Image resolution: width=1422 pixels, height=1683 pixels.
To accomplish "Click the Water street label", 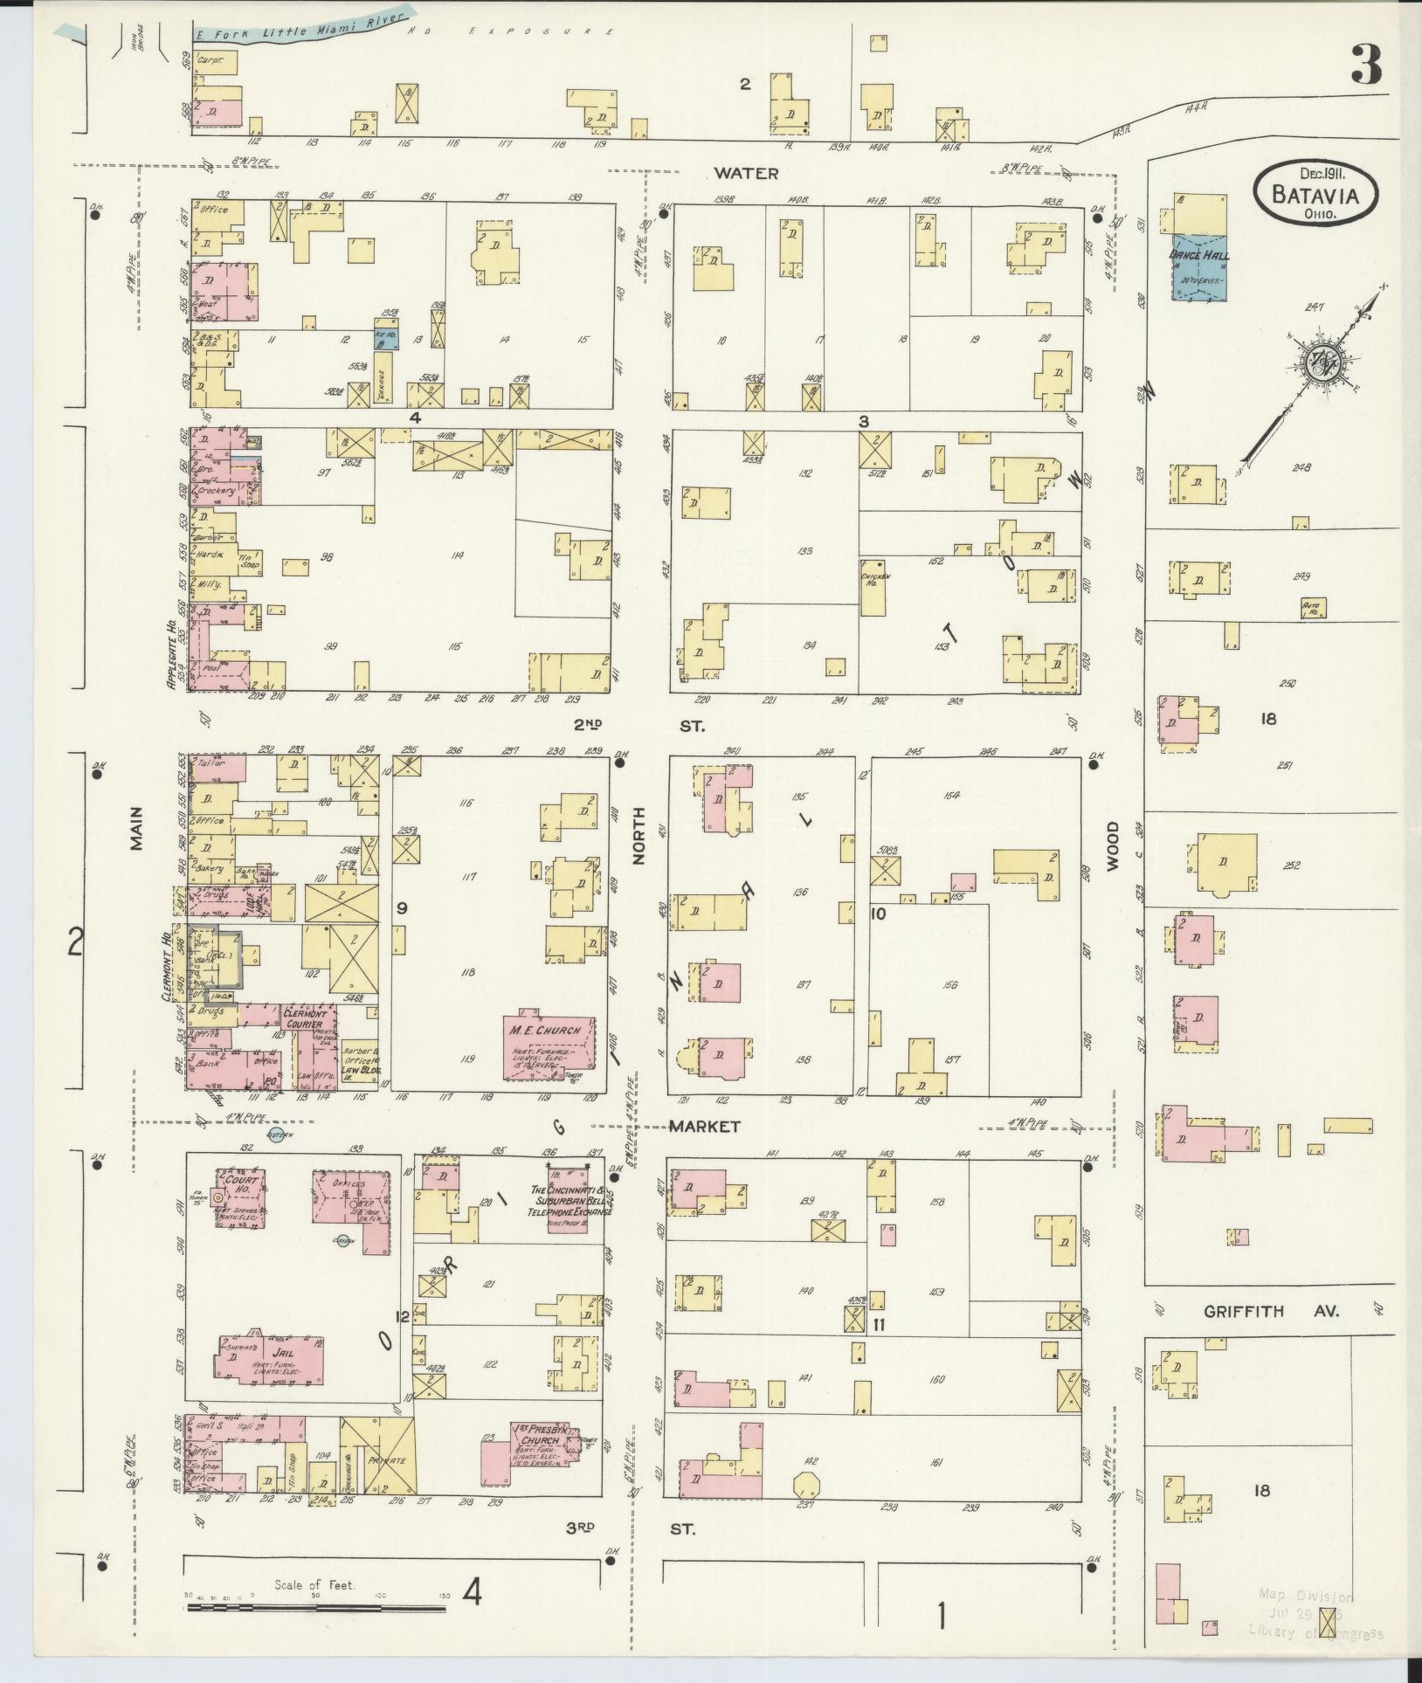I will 744,173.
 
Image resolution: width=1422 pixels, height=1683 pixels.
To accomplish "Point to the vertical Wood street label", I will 1113,846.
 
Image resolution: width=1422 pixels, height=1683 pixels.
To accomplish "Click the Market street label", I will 704,1127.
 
